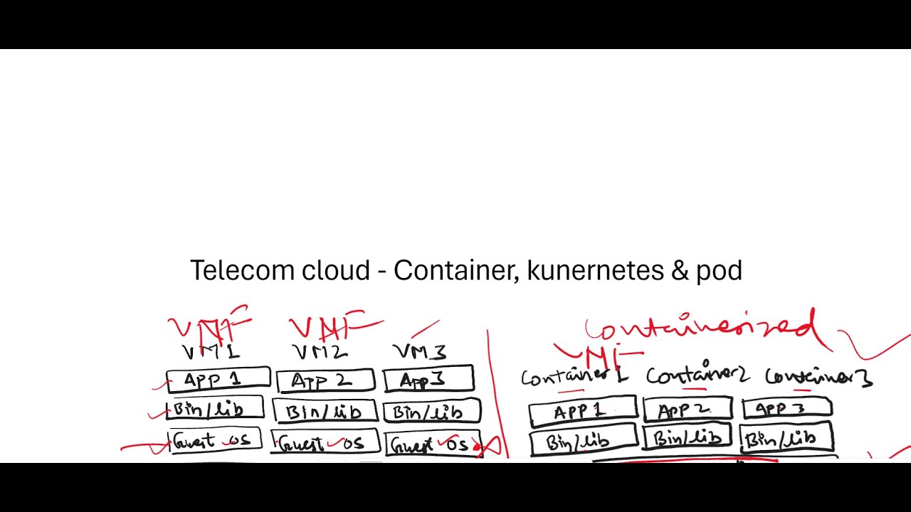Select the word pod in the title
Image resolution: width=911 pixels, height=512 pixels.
[719, 271]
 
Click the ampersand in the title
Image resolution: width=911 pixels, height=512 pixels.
[678, 271]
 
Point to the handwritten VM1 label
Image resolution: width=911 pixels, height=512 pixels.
[211, 352]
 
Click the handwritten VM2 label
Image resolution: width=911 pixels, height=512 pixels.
[320, 351]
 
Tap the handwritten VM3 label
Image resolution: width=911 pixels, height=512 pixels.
[419, 351]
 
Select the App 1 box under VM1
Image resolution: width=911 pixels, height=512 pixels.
[218, 380]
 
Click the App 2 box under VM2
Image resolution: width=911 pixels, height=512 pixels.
[325, 380]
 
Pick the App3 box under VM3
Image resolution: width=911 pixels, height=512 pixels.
[428, 380]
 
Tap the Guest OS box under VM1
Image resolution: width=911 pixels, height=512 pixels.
[214, 441]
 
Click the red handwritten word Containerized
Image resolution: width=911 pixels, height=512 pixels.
[701, 329]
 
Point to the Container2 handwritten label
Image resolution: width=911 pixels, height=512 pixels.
[697, 375]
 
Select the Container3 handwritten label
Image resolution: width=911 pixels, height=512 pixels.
[818, 377]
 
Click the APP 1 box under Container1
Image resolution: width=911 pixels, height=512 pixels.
[581, 412]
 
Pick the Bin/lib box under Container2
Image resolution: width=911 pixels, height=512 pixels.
[687, 437]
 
